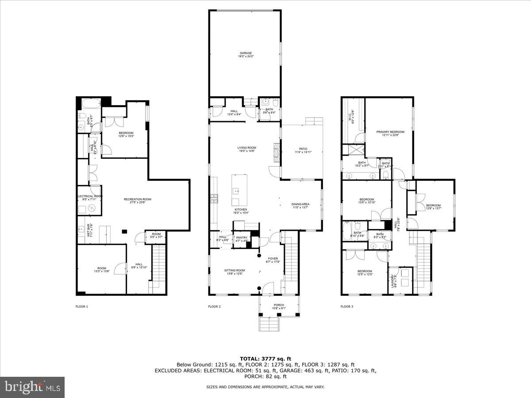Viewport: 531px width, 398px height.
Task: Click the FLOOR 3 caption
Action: coord(347,306)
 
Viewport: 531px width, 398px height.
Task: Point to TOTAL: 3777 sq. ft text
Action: coord(265,359)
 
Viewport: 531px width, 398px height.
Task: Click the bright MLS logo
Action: coord(32,387)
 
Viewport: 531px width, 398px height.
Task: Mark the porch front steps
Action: coord(269,324)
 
